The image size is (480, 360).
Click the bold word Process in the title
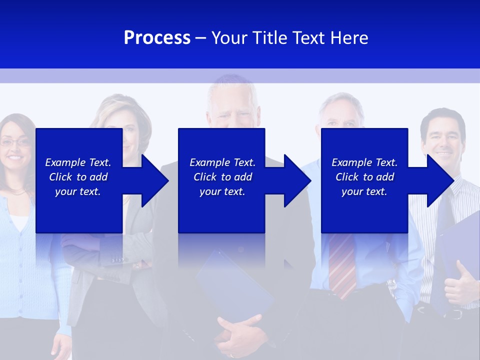(x=157, y=38)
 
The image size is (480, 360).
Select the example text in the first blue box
(x=78, y=177)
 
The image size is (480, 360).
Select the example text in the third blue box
(x=364, y=177)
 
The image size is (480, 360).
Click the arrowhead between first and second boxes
(x=154, y=180)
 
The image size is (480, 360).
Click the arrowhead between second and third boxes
(x=297, y=180)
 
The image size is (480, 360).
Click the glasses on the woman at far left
(x=16, y=143)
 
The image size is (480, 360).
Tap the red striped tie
(x=342, y=265)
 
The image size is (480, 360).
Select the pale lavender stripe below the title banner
(x=240, y=75)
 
